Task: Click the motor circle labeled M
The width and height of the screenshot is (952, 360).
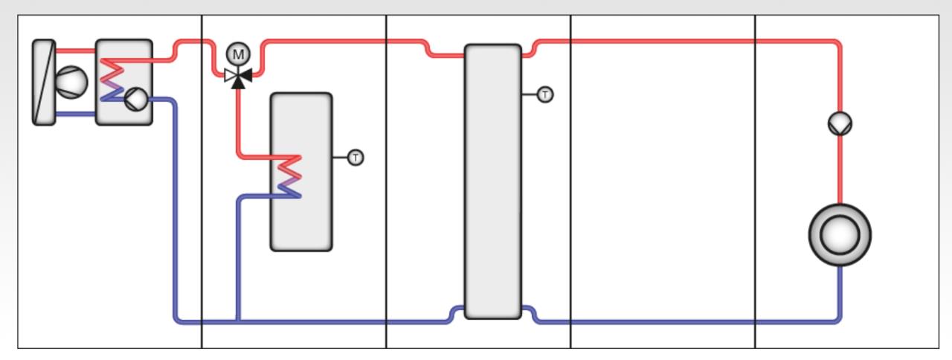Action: click(238, 54)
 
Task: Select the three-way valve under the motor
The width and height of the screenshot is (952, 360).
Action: click(238, 77)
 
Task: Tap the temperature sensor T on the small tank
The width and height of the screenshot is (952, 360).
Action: click(356, 158)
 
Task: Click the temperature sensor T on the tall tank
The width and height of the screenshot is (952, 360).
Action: click(545, 94)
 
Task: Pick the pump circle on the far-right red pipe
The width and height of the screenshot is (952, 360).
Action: click(840, 123)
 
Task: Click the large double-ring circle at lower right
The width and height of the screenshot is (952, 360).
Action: click(840, 235)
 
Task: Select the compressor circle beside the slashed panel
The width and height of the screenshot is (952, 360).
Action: click(71, 83)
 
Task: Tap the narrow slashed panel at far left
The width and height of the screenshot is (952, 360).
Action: click(44, 83)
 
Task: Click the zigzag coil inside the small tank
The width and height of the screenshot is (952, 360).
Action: click(289, 177)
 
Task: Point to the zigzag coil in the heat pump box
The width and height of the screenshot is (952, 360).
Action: click(112, 80)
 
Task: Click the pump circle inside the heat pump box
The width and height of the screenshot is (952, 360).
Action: click(136, 100)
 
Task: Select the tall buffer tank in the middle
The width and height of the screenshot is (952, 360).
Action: click(493, 181)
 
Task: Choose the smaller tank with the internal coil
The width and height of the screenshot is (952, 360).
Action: click(301, 172)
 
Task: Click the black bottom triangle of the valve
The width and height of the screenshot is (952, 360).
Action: click(238, 83)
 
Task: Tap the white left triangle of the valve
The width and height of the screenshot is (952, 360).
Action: click(231, 76)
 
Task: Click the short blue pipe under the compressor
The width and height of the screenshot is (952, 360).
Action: click(76, 114)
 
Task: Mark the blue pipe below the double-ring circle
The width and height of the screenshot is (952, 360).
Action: click(840, 293)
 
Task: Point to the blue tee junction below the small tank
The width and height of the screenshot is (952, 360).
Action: click(238, 321)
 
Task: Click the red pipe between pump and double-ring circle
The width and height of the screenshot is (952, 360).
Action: click(840, 170)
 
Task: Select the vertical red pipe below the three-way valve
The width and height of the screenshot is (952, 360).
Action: click(239, 123)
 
